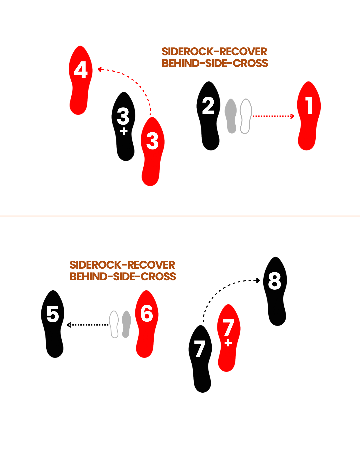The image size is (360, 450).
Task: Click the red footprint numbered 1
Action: [x=309, y=115]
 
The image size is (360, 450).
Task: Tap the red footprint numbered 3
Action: [x=152, y=150]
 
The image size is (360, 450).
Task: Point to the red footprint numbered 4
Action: [x=80, y=80]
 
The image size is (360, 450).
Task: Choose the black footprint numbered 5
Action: [x=53, y=323]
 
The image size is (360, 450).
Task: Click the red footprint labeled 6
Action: [x=146, y=323]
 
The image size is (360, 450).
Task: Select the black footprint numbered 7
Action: [x=200, y=358]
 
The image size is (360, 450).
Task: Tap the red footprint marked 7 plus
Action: [x=228, y=337]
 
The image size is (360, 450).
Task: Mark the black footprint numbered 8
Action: [x=275, y=290]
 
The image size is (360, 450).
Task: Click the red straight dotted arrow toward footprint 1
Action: [x=273, y=116]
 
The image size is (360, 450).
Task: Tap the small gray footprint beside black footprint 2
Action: [x=231, y=116]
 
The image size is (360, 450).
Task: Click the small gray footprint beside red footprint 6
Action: [x=126, y=324]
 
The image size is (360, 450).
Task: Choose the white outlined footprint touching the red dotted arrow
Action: [x=246, y=116]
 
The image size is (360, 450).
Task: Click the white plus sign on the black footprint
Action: [x=124, y=131]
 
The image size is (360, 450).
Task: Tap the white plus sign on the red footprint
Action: [x=228, y=343]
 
